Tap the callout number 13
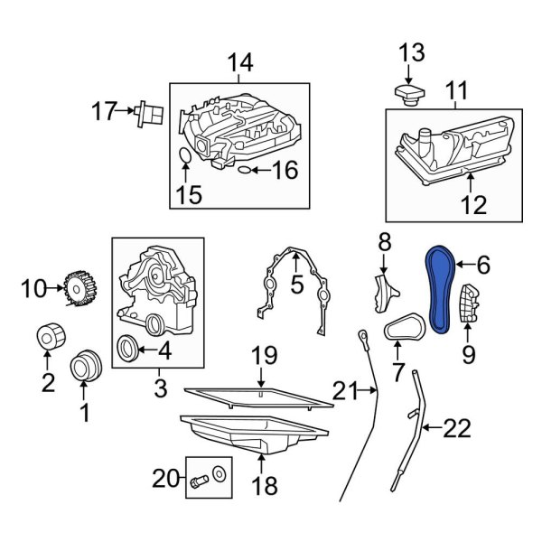pos(410,52)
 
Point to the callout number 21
pos(344,390)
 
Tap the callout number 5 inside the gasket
pos(296,287)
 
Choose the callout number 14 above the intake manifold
pos(239,63)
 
